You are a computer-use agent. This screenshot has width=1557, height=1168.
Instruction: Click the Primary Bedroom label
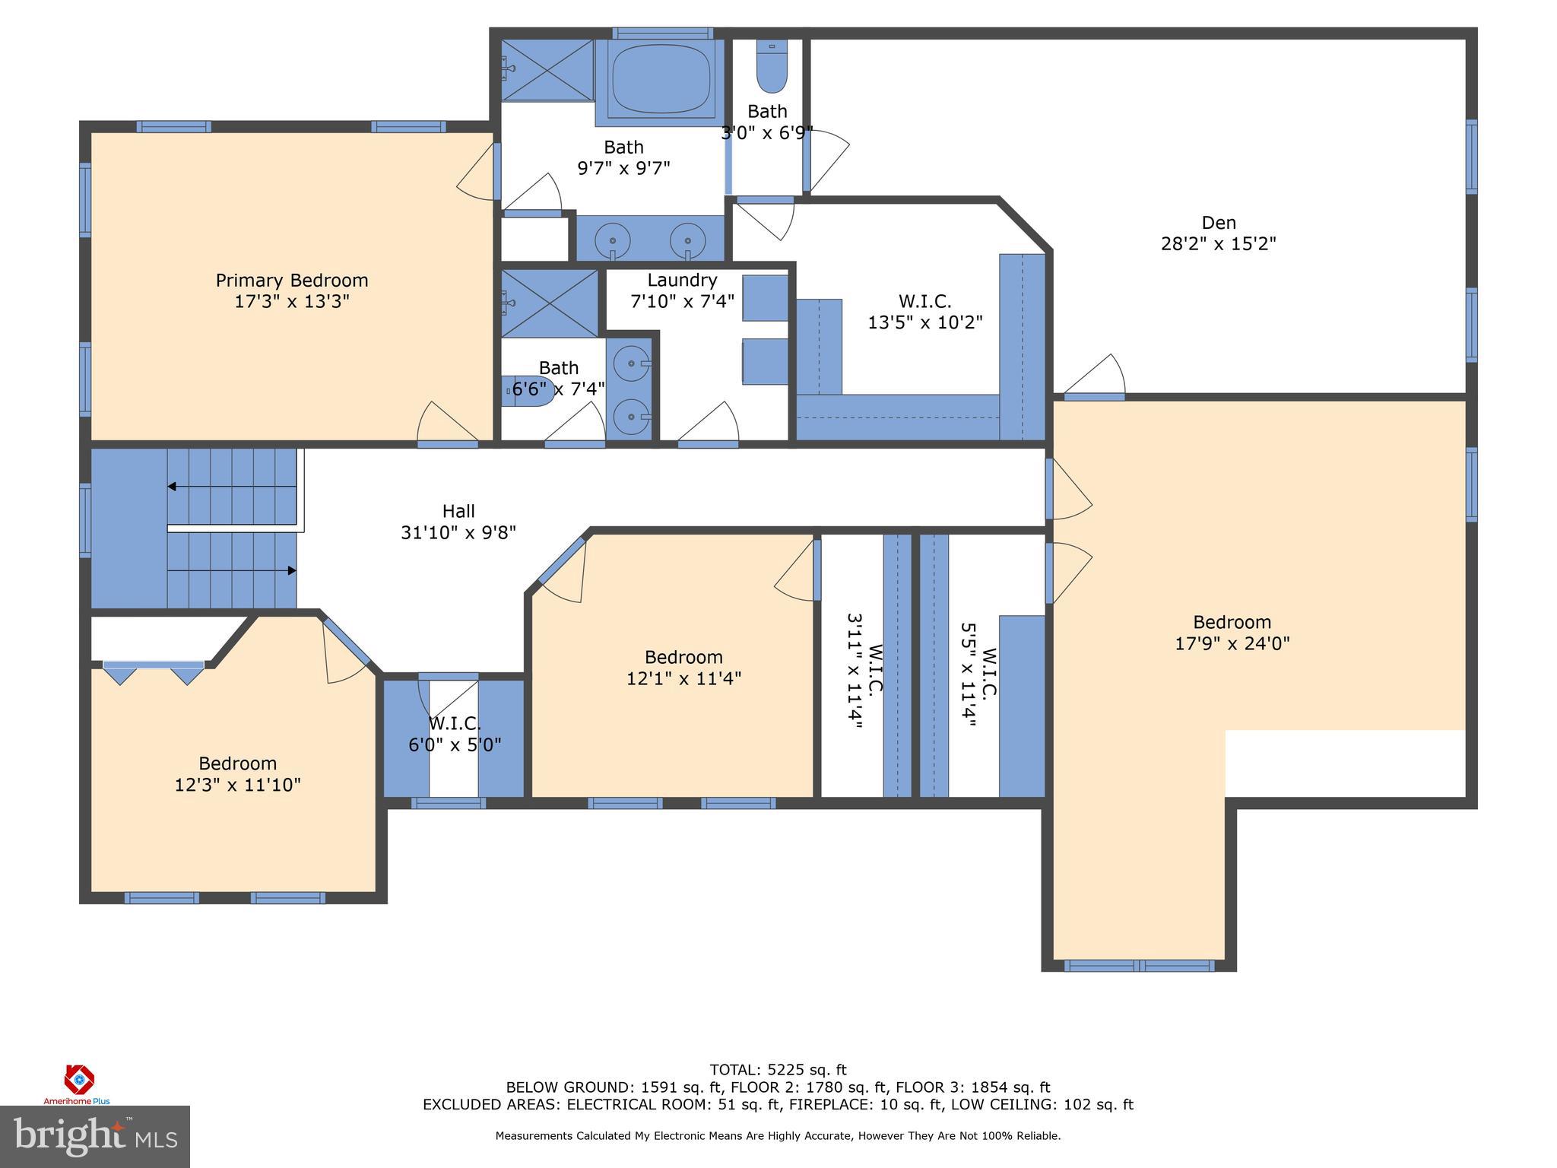click(291, 281)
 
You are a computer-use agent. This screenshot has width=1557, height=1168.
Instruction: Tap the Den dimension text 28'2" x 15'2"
click(1218, 244)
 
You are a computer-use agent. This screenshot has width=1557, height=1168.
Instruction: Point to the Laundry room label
click(682, 281)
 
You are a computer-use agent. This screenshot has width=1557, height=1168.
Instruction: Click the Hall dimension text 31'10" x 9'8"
click(458, 533)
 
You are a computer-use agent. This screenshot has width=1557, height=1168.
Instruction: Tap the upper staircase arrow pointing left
click(173, 487)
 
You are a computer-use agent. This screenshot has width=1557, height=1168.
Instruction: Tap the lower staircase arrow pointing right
click(290, 570)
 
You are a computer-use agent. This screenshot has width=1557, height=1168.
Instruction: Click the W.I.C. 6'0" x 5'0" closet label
click(455, 735)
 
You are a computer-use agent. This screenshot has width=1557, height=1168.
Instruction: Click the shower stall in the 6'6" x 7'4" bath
click(550, 303)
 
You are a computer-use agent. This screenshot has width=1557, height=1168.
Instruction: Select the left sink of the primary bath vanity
click(612, 240)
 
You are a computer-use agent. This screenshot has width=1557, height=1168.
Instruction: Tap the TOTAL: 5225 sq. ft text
click(778, 1071)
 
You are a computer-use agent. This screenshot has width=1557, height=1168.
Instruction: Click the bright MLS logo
click(94, 1136)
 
